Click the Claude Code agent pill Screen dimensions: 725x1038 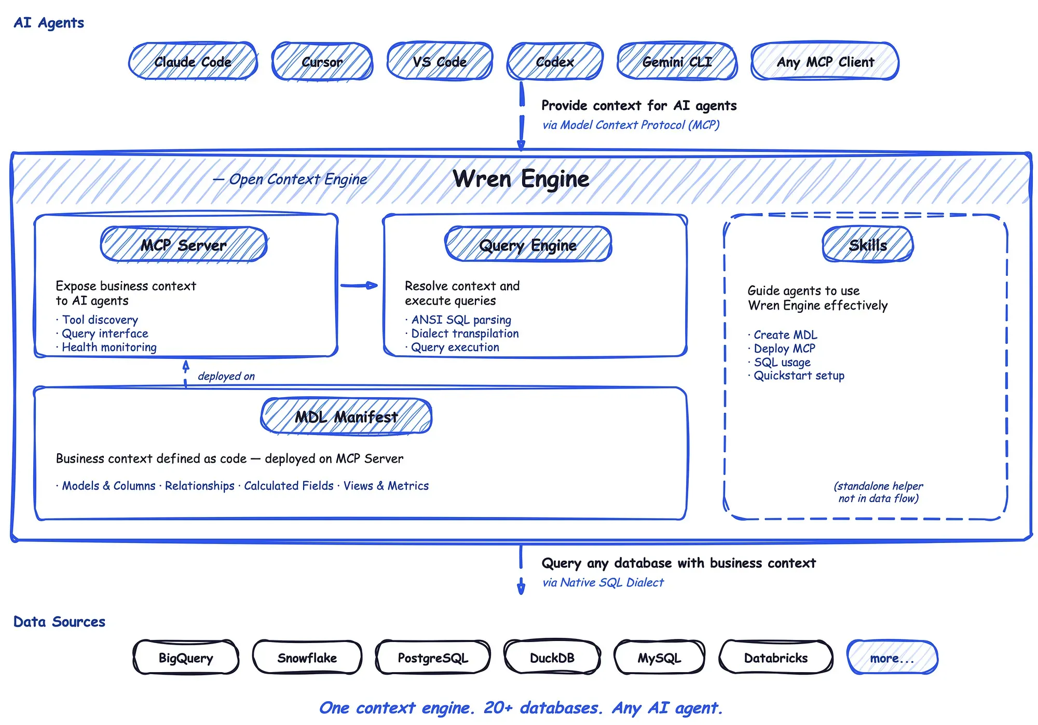pyautogui.click(x=193, y=62)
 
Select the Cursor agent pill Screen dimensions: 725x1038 pyautogui.click(x=322, y=62)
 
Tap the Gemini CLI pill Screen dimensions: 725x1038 pyautogui.click(x=677, y=62)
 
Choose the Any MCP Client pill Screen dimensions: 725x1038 pyautogui.click(x=825, y=62)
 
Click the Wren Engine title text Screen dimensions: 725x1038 pyautogui.click(x=521, y=179)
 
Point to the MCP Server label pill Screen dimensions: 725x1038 pyautogui.click(x=184, y=245)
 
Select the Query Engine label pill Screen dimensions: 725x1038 pyautogui.click(x=528, y=245)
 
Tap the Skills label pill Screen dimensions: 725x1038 pyautogui.click(x=867, y=245)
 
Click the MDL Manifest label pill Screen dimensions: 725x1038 pyautogui.click(x=346, y=416)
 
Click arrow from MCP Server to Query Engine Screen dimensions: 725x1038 pyautogui.click(x=359, y=285)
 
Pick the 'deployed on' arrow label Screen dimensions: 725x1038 pyautogui.click(x=226, y=376)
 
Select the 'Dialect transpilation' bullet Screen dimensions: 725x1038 pyautogui.click(x=465, y=333)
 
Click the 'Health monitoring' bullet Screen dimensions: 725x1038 pyautogui.click(x=109, y=347)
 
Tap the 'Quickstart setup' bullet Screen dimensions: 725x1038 pyautogui.click(x=799, y=375)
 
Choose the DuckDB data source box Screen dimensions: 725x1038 pyautogui.click(x=552, y=658)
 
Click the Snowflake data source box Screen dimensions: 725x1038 pyautogui.click(x=307, y=658)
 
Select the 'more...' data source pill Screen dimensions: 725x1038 pyautogui.click(x=892, y=658)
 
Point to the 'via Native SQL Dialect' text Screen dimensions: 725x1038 pyautogui.click(x=603, y=582)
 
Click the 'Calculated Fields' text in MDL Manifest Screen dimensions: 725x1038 pyautogui.click(x=289, y=486)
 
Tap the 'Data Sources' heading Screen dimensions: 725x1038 pyautogui.click(x=59, y=621)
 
